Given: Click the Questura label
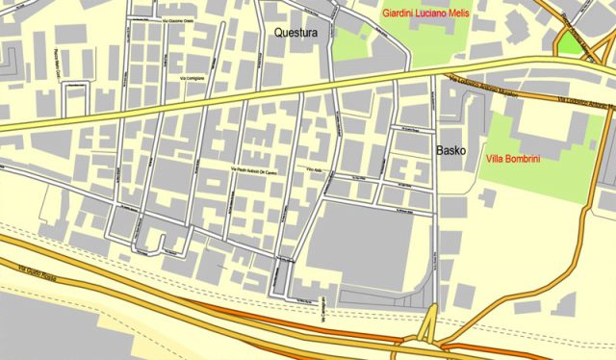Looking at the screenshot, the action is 295,33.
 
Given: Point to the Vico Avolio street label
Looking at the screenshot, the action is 311,169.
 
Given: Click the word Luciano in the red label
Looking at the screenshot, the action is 436,13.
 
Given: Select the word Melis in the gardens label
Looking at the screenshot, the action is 481,13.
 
